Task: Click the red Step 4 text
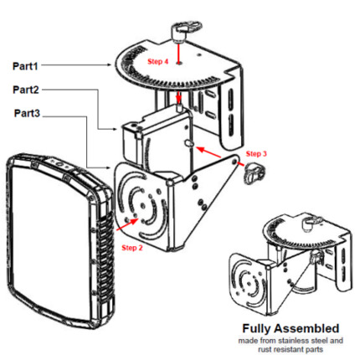pyautogui.click(x=157, y=61)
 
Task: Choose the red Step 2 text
pyautogui.click(x=132, y=248)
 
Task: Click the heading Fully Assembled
pyautogui.click(x=291, y=328)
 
